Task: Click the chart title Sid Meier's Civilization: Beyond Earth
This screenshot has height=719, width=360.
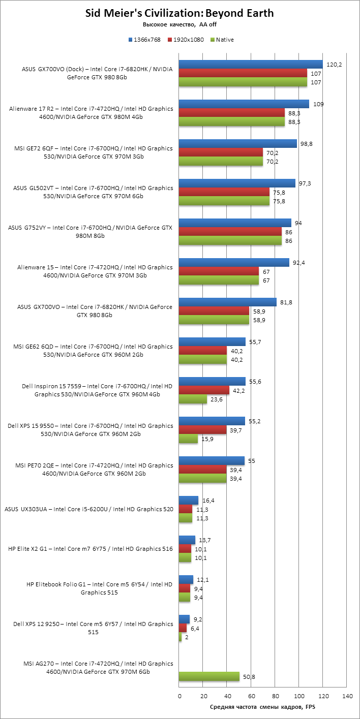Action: (179, 13)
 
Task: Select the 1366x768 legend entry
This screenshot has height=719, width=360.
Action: (144, 40)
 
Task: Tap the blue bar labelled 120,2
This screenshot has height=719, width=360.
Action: (251, 64)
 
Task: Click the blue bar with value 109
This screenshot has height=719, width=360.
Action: (244, 104)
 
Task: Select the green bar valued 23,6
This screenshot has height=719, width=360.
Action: (193, 399)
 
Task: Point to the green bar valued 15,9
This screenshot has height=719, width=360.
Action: (189, 439)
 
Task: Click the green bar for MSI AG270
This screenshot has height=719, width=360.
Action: (209, 676)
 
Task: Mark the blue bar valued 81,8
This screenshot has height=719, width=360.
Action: (228, 302)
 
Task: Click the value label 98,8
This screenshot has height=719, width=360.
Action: (306, 144)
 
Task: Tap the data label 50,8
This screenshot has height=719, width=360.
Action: (249, 676)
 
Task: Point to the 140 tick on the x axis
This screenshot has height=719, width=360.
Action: (347, 696)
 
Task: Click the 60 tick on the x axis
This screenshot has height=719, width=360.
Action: (251, 696)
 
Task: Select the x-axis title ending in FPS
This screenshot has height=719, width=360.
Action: (262, 707)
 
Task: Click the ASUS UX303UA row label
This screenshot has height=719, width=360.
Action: (88, 509)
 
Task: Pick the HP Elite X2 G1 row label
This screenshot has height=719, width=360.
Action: (91, 549)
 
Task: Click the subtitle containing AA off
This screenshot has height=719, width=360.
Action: (179, 24)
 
